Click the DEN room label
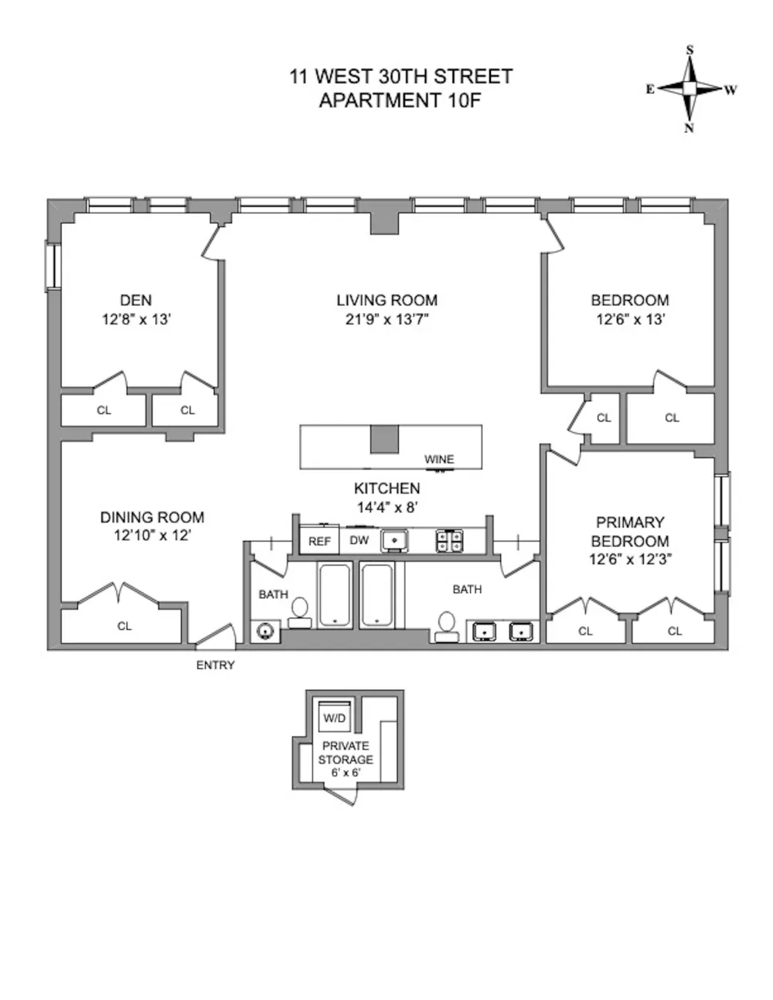pyautogui.click(x=136, y=300)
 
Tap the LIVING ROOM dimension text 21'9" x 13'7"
pyautogui.click(x=387, y=319)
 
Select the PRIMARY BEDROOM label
pyautogui.click(x=630, y=532)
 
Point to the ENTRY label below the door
pyautogui.click(x=216, y=665)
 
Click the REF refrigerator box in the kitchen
pyautogui.click(x=319, y=540)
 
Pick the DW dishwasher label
pyautogui.click(x=359, y=540)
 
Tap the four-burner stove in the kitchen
pyautogui.click(x=450, y=541)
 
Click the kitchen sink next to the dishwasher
pyautogui.click(x=394, y=541)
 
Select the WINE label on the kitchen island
pyautogui.click(x=439, y=459)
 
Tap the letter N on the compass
pyautogui.click(x=689, y=128)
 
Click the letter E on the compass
pyautogui.click(x=650, y=90)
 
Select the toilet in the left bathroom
pyautogui.click(x=300, y=613)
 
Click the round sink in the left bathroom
pyautogui.click(x=266, y=631)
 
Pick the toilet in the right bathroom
pyautogui.click(x=447, y=627)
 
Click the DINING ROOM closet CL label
pyautogui.click(x=124, y=626)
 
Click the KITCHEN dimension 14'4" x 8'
pyautogui.click(x=387, y=507)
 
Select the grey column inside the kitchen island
pyautogui.click(x=385, y=439)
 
